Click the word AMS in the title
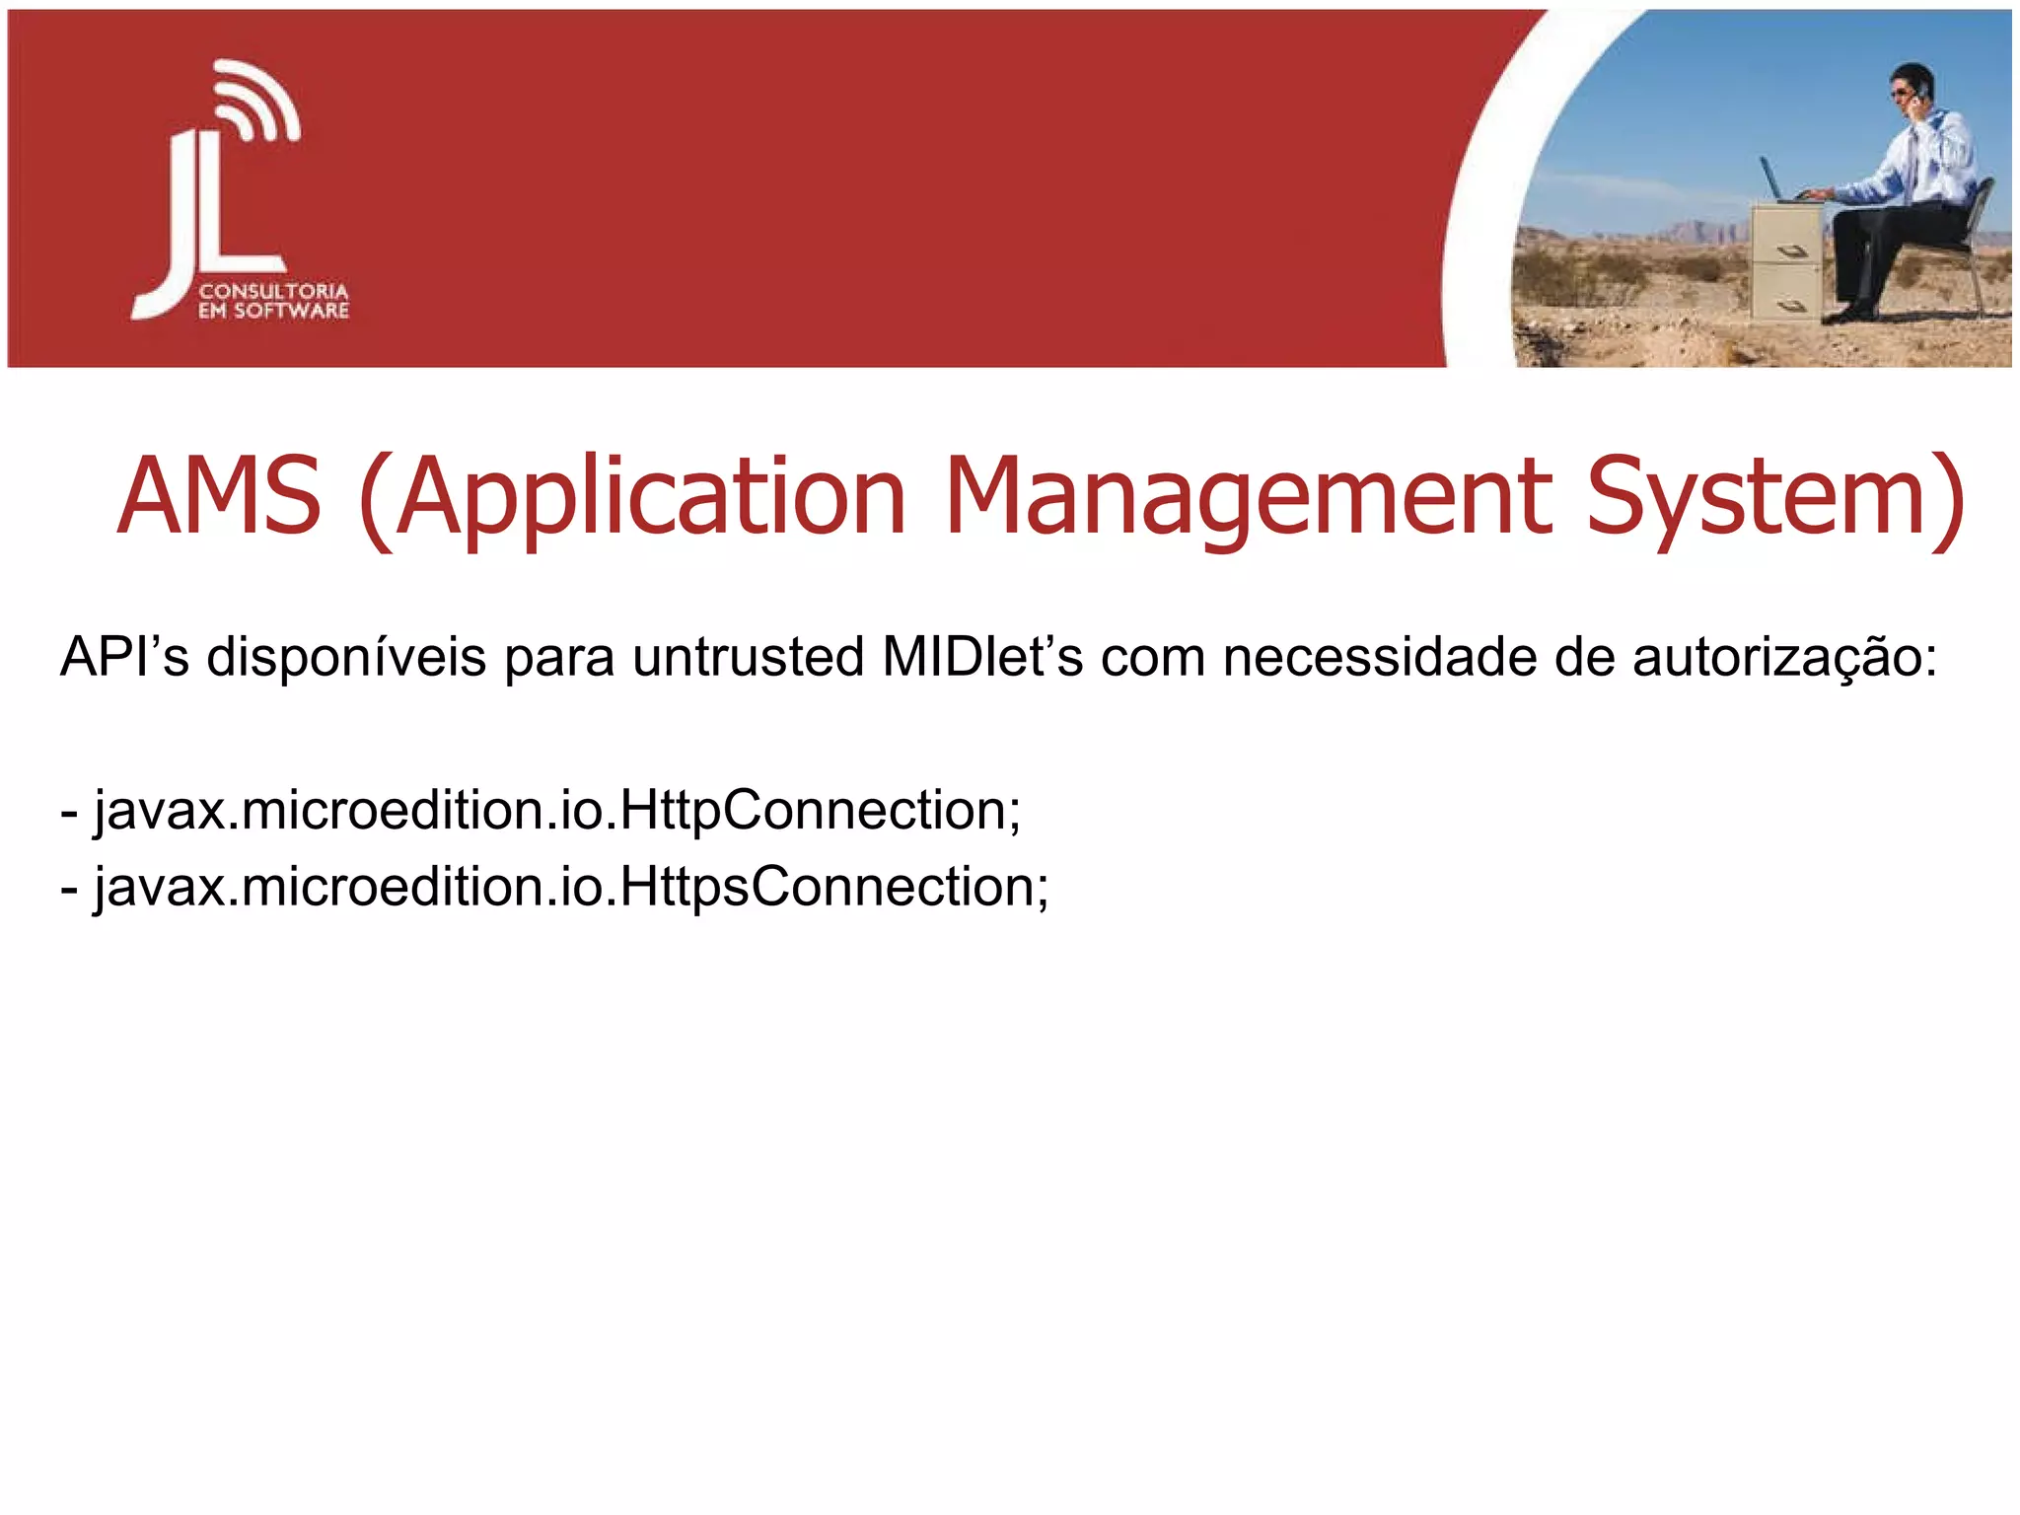(x=219, y=496)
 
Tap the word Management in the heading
(x=1249, y=496)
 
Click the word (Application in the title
(x=631, y=496)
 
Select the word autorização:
(x=1784, y=657)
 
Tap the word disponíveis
(x=346, y=657)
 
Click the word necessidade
(x=1380, y=657)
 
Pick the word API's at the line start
(x=124, y=657)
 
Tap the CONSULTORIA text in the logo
(x=273, y=292)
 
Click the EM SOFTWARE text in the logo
(x=273, y=312)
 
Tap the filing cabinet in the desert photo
(x=1786, y=261)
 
